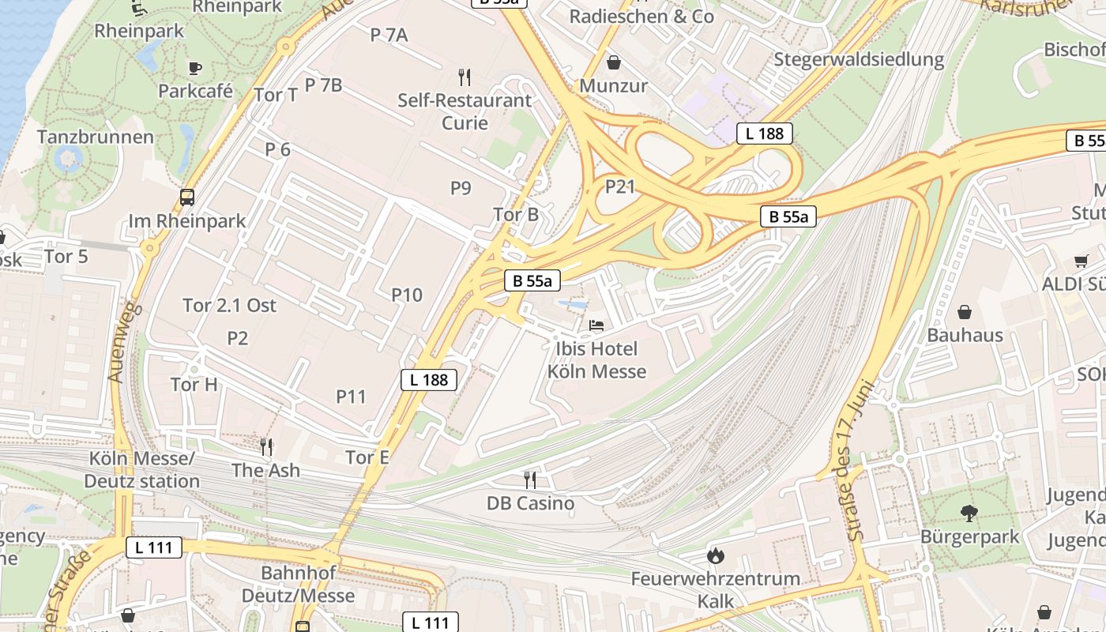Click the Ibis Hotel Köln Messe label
click(596, 360)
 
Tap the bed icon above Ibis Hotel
click(596, 325)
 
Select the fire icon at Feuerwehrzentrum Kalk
click(716, 555)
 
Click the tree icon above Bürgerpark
click(969, 513)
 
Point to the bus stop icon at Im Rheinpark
click(187, 197)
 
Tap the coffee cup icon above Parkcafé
click(195, 68)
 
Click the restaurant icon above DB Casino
click(530, 480)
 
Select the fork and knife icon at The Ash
click(266, 447)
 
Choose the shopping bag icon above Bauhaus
click(965, 312)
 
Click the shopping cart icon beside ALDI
click(1081, 261)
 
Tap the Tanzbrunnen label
click(96, 137)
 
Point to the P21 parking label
click(620, 186)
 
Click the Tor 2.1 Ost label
click(229, 305)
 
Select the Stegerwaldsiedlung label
click(859, 59)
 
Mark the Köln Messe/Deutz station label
click(142, 470)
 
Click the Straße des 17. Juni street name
click(863, 461)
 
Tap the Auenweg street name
click(125, 341)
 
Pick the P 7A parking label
click(389, 35)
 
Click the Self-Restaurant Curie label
click(465, 111)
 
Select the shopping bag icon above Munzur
click(614, 62)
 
